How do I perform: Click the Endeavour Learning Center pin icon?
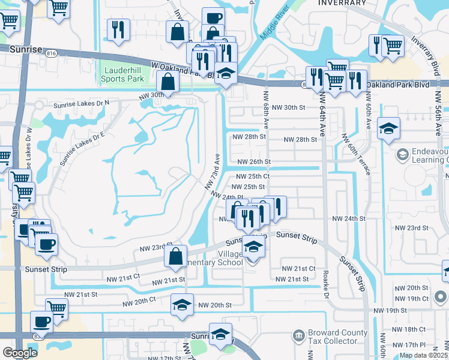point(401,155)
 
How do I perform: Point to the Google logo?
point(19,353)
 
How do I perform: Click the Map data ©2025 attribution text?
point(424,355)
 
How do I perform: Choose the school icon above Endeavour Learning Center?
point(389,128)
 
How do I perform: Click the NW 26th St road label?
point(254,162)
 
